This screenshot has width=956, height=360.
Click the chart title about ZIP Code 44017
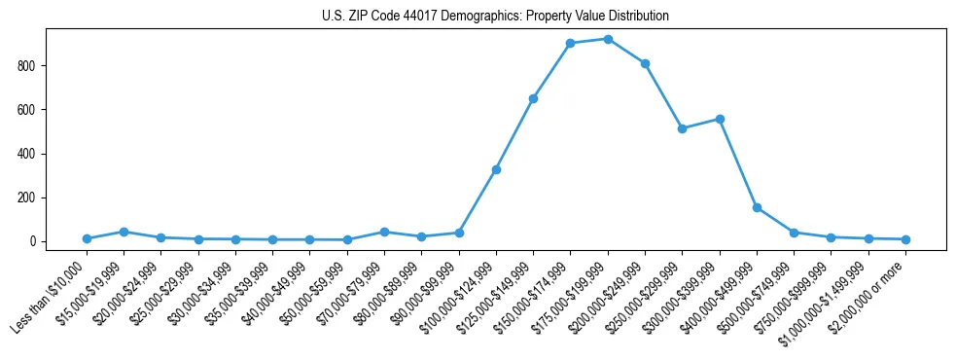click(495, 17)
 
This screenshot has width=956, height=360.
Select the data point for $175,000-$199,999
click(608, 39)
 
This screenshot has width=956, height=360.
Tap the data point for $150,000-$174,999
click(570, 43)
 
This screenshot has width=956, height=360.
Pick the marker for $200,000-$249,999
click(645, 63)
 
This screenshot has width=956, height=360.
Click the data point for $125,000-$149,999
click(533, 98)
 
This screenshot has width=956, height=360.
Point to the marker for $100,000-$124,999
click(496, 169)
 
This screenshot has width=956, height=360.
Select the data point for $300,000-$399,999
click(720, 119)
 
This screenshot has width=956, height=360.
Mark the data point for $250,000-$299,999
click(682, 128)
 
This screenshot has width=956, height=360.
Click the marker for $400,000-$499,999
click(757, 207)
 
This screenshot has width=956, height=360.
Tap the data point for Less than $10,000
click(87, 238)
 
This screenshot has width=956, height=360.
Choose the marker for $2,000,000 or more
click(905, 239)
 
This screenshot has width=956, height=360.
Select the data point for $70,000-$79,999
click(384, 232)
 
